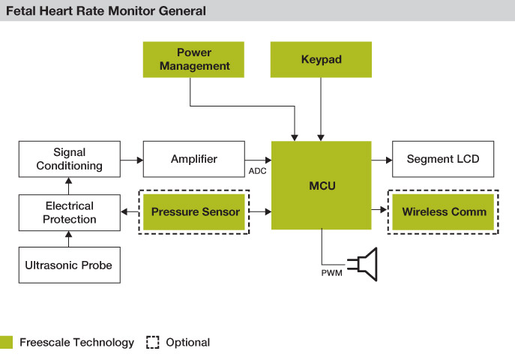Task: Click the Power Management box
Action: click(193, 59)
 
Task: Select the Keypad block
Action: click(321, 59)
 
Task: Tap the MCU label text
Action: click(322, 186)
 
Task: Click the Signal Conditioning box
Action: click(70, 159)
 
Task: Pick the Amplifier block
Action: click(194, 159)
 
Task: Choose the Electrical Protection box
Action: click(70, 212)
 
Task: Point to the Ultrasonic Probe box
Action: click(70, 265)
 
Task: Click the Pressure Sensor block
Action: click(194, 211)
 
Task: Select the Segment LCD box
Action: click(443, 159)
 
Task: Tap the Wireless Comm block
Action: click(443, 211)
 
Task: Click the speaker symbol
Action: click(363, 265)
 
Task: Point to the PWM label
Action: click(332, 273)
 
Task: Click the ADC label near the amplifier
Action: click(258, 171)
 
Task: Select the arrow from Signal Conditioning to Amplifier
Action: click(132, 160)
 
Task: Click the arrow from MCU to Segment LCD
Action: click(382, 160)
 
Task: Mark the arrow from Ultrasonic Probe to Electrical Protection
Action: click(69, 238)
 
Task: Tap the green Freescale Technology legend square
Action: click(6, 342)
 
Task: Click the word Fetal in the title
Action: click(21, 10)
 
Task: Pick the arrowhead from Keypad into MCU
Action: click(321, 138)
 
